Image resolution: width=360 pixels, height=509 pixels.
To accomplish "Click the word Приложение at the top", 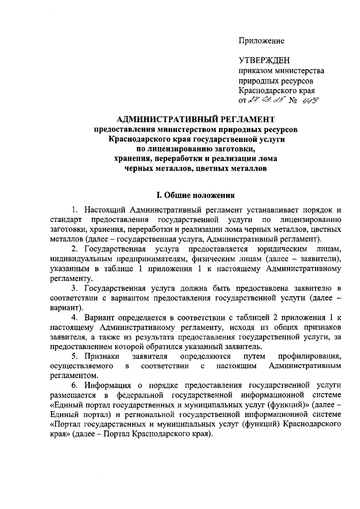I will [x=261, y=41].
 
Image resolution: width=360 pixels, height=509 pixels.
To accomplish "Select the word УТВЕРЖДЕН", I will [x=264, y=61].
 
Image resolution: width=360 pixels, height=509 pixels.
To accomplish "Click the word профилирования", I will [x=309, y=356].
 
